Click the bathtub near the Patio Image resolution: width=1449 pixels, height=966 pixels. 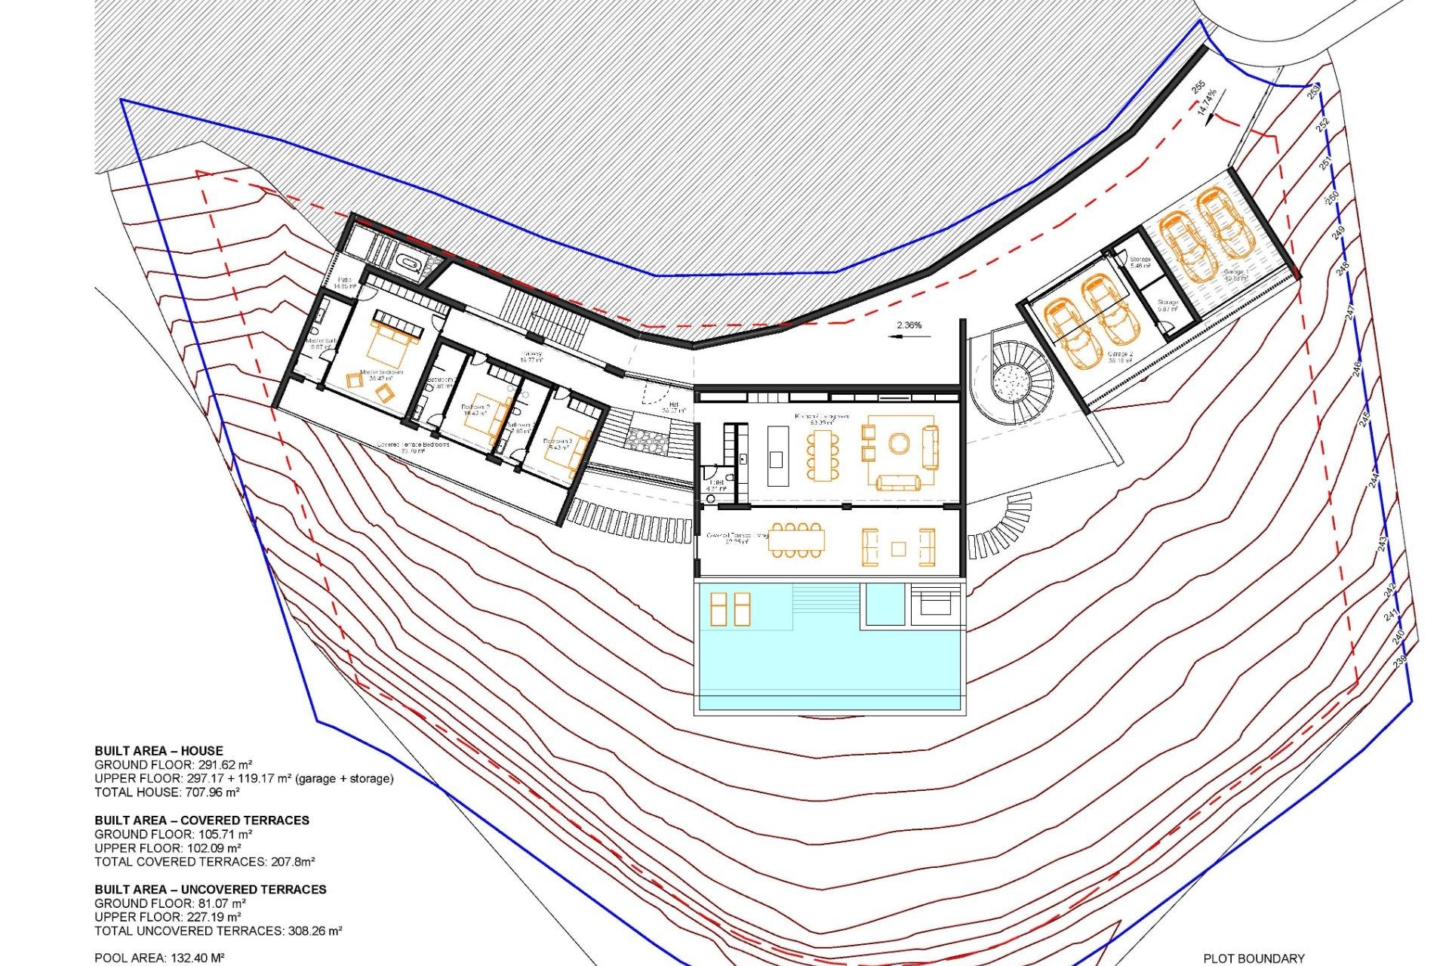click(x=411, y=264)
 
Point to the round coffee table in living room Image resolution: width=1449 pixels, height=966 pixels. click(x=898, y=444)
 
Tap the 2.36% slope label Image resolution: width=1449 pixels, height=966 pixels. click(x=909, y=325)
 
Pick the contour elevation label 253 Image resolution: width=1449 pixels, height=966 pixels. click(x=1312, y=92)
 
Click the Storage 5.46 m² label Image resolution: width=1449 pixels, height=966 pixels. click(x=1140, y=263)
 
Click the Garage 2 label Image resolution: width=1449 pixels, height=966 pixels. click(x=1120, y=356)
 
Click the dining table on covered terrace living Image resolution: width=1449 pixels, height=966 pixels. click(x=796, y=540)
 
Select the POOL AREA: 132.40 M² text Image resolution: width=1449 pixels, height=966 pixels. click(x=159, y=958)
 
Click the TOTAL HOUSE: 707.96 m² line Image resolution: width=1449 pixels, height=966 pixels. click(x=167, y=792)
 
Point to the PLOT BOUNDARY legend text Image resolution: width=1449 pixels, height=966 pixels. click(x=1254, y=958)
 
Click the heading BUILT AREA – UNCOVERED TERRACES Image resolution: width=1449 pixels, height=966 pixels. click(x=211, y=889)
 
